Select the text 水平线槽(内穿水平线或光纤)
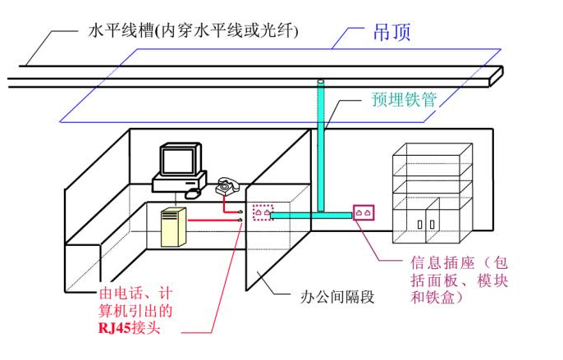pos(193,32)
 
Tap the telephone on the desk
pos(226,187)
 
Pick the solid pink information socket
pos(364,213)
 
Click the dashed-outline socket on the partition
pos(263,212)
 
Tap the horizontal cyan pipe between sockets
pos(312,215)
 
